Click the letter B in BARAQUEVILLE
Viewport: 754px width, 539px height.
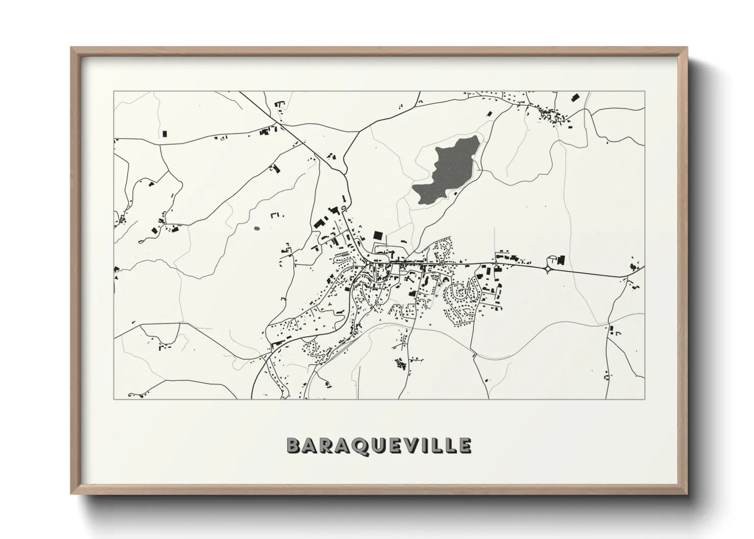point(294,445)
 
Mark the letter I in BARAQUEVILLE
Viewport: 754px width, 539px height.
point(433,445)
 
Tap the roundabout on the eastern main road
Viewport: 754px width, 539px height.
point(550,268)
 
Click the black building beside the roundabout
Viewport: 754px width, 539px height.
point(561,260)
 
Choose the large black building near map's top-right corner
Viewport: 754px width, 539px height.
point(575,97)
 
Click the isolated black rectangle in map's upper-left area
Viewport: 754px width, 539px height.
point(164,134)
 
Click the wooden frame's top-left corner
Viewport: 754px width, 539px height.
point(72,48)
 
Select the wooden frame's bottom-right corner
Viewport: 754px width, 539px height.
point(686,493)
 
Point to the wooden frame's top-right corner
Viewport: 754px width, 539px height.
point(686,48)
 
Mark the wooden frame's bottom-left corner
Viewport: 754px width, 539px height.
point(72,493)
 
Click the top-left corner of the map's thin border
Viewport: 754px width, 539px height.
point(114,92)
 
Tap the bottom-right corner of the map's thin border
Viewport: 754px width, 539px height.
point(645,399)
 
